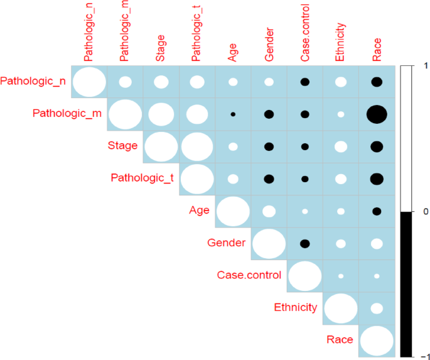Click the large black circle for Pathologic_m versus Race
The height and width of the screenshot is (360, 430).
tap(377, 114)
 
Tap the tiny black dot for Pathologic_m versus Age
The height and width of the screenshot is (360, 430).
tap(233, 114)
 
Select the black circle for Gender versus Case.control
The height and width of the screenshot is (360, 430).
tap(305, 243)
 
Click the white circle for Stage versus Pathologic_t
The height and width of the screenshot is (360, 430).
tap(197, 146)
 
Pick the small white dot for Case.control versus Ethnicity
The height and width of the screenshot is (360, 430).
tap(341, 276)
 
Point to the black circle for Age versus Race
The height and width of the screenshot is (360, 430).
tap(377, 211)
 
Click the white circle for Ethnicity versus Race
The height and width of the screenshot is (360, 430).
tap(377, 308)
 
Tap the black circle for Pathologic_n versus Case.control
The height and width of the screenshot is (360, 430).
tap(305, 82)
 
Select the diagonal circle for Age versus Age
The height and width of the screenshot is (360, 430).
tap(233, 211)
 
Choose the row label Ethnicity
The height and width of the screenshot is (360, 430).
tap(296, 308)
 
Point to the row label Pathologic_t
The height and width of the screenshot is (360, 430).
tap(142, 178)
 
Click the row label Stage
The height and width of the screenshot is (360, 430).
tap(122, 146)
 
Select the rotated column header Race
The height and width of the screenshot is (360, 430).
tap(377, 51)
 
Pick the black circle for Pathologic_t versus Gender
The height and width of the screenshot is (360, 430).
tap(269, 178)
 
